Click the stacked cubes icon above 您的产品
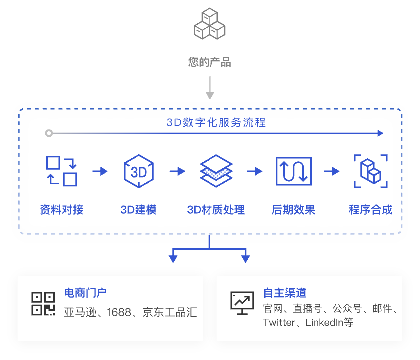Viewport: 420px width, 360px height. (x=210, y=23)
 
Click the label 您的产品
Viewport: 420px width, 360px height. (x=210, y=62)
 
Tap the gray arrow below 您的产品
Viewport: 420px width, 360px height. (x=210, y=88)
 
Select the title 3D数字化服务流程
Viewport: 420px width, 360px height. (x=216, y=122)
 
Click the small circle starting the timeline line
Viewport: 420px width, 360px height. (x=48, y=133)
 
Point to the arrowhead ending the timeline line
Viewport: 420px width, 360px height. (x=380, y=133)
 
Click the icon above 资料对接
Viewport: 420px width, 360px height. (x=61, y=171)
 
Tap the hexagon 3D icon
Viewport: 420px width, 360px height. (x=138, y=171)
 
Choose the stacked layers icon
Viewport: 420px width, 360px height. (x=216, y=171)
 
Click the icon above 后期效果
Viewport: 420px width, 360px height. (x=293, y=171)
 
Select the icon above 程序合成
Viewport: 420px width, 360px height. (x=371, y=171)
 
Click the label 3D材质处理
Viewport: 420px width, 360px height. (x=216, y=210)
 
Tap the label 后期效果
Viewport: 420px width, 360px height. (x=293, y=210)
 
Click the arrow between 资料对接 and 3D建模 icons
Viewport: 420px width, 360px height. (x=100, y=171)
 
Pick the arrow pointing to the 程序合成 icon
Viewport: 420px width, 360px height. (x=332, y=171)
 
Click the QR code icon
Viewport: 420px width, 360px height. (x=43, y=303)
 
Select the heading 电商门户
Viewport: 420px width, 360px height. (x=85, y=293)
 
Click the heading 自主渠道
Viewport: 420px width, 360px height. (x=284, y=293)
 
